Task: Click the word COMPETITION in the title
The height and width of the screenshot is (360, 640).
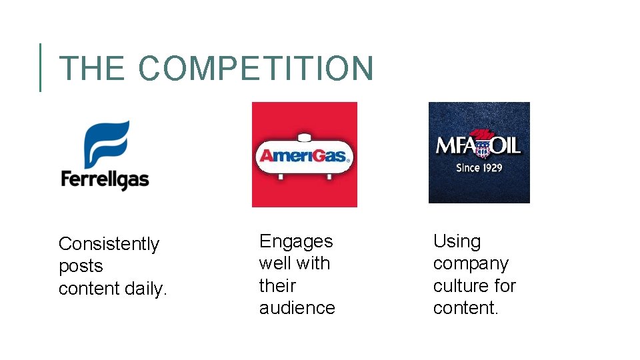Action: pos(257,69)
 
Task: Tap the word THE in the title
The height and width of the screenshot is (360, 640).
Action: pos(91,69)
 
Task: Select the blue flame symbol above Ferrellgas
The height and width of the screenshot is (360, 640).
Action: pos(105,144)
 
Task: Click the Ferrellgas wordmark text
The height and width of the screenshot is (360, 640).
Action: pos(105,179)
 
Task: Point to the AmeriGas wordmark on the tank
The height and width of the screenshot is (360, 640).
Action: pos(304,157)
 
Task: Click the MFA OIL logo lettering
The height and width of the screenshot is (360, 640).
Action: pos(479,145)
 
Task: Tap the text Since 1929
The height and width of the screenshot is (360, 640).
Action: pos(479,167)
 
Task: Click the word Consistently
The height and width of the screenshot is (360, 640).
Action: pos(109,244)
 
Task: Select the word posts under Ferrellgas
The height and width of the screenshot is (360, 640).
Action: pos(81,266)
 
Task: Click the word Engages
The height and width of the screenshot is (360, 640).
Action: pos(296,241)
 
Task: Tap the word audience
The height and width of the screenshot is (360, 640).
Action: pos(297,308)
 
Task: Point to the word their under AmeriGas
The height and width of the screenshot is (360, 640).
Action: pos(277,285)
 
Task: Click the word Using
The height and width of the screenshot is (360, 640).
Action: pos(457,241)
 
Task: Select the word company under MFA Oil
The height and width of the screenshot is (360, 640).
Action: pos(471,263)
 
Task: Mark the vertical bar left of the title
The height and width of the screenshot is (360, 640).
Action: pos(40,67)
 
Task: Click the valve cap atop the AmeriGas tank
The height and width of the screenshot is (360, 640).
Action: pos(305,138)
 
